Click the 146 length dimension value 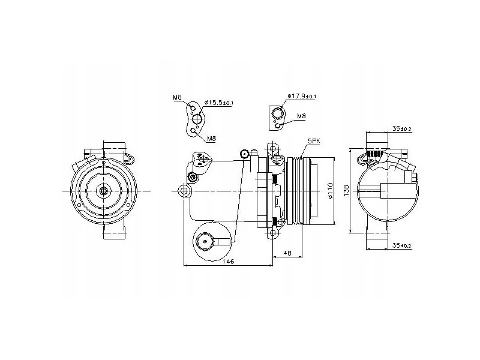coord(229,261)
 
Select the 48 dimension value coord(287,253)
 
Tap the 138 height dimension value coord(346,190)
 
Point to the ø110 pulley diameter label coord(330,190)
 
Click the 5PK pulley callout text coord(314,141)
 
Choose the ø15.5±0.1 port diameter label coord(218,102)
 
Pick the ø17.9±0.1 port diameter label coord(302,96)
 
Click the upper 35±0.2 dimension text coord(402,129)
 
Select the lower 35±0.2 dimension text coord(402,245)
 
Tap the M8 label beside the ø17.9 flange coord(302,116)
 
